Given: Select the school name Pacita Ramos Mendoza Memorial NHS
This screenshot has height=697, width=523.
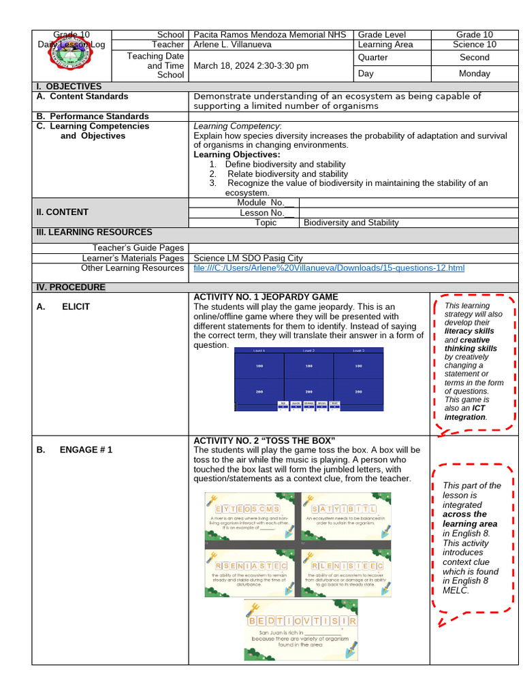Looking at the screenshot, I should pyautogui.click(x=270, y=35).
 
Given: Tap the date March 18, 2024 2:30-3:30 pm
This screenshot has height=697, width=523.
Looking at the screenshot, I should pyautogui.click(x=251, y=66).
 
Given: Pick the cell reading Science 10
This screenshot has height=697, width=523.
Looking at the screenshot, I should pyautogui.click(x=474, y=45).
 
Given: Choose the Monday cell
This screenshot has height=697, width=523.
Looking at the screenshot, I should pyautogui.click(x=474, y=74).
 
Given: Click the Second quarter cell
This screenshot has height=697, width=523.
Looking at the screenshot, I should pyautogui.click(x=474, y=58).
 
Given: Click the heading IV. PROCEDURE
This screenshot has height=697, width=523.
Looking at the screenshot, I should pyautogui.click(x=71, y=287).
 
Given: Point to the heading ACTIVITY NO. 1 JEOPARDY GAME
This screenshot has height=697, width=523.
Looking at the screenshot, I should pyautogui.click(x=266, y=297).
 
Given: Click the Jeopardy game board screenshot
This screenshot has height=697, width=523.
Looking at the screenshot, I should pyautogui.click(x=308, y=379).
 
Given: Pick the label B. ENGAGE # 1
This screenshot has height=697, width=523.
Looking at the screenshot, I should pyautogui.click(x=75, y=450).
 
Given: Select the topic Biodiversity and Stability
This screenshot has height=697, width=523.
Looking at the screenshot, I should pyautogui.click(x=351, y=223).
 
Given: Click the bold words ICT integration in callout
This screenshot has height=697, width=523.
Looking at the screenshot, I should pyautogui.click(x=465, y=412).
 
